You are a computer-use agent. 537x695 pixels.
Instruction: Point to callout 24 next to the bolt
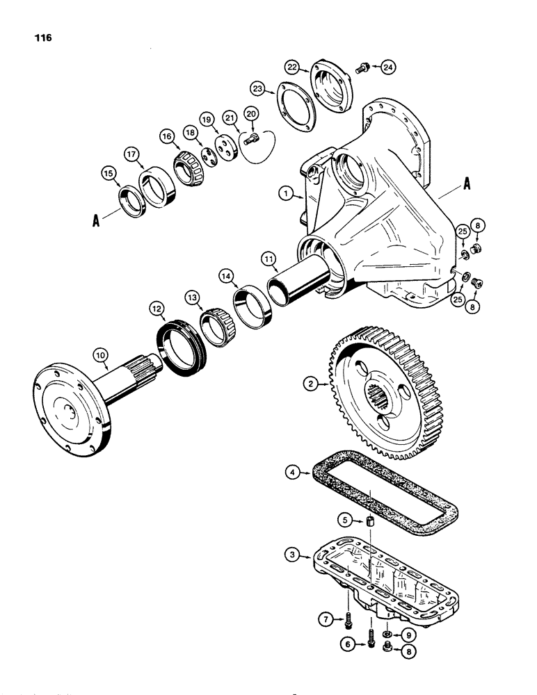click(387, 67)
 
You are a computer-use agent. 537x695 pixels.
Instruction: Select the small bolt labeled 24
click(362, 67)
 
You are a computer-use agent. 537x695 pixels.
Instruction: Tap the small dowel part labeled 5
click(371, 523)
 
